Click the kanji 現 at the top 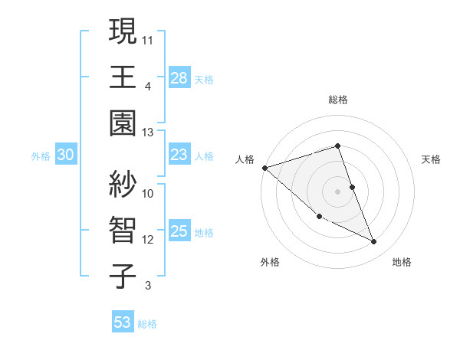pyautogui.click(x=122, y=31)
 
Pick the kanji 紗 pyautogui.click(x=122, y=185)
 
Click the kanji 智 pyautogui.click(x=122, y=229)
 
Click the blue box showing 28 pyautogui.click(x=179, y=78)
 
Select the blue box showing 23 pyautogui.click(x=179, y=155)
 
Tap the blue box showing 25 pyautogui.click(x=179, y=231)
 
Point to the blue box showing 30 pyautogui.click(x=66, y=155)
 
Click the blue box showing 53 pyautogui.click(x=123, y=322)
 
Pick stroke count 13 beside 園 pyautogui.click(x=148, y=132)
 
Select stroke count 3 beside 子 pyautogui.click(x=148, y=286)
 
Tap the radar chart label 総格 pyautogui.click(x=337, y=100)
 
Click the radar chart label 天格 pyautogui.click(x=432, y=159)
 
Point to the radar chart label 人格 pyautogui.click(x=245, y=159)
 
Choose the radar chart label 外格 pyautogui.click(x=270, y=262)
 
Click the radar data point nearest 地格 pyautogui.click(x=373, y=242)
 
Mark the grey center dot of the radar pyautogui.click(x=337, y=191)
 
